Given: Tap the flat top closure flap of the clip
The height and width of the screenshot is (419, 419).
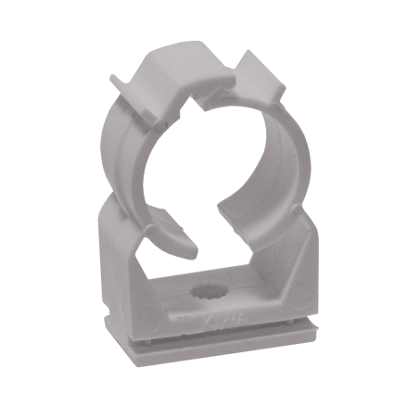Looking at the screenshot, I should point(176,70).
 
